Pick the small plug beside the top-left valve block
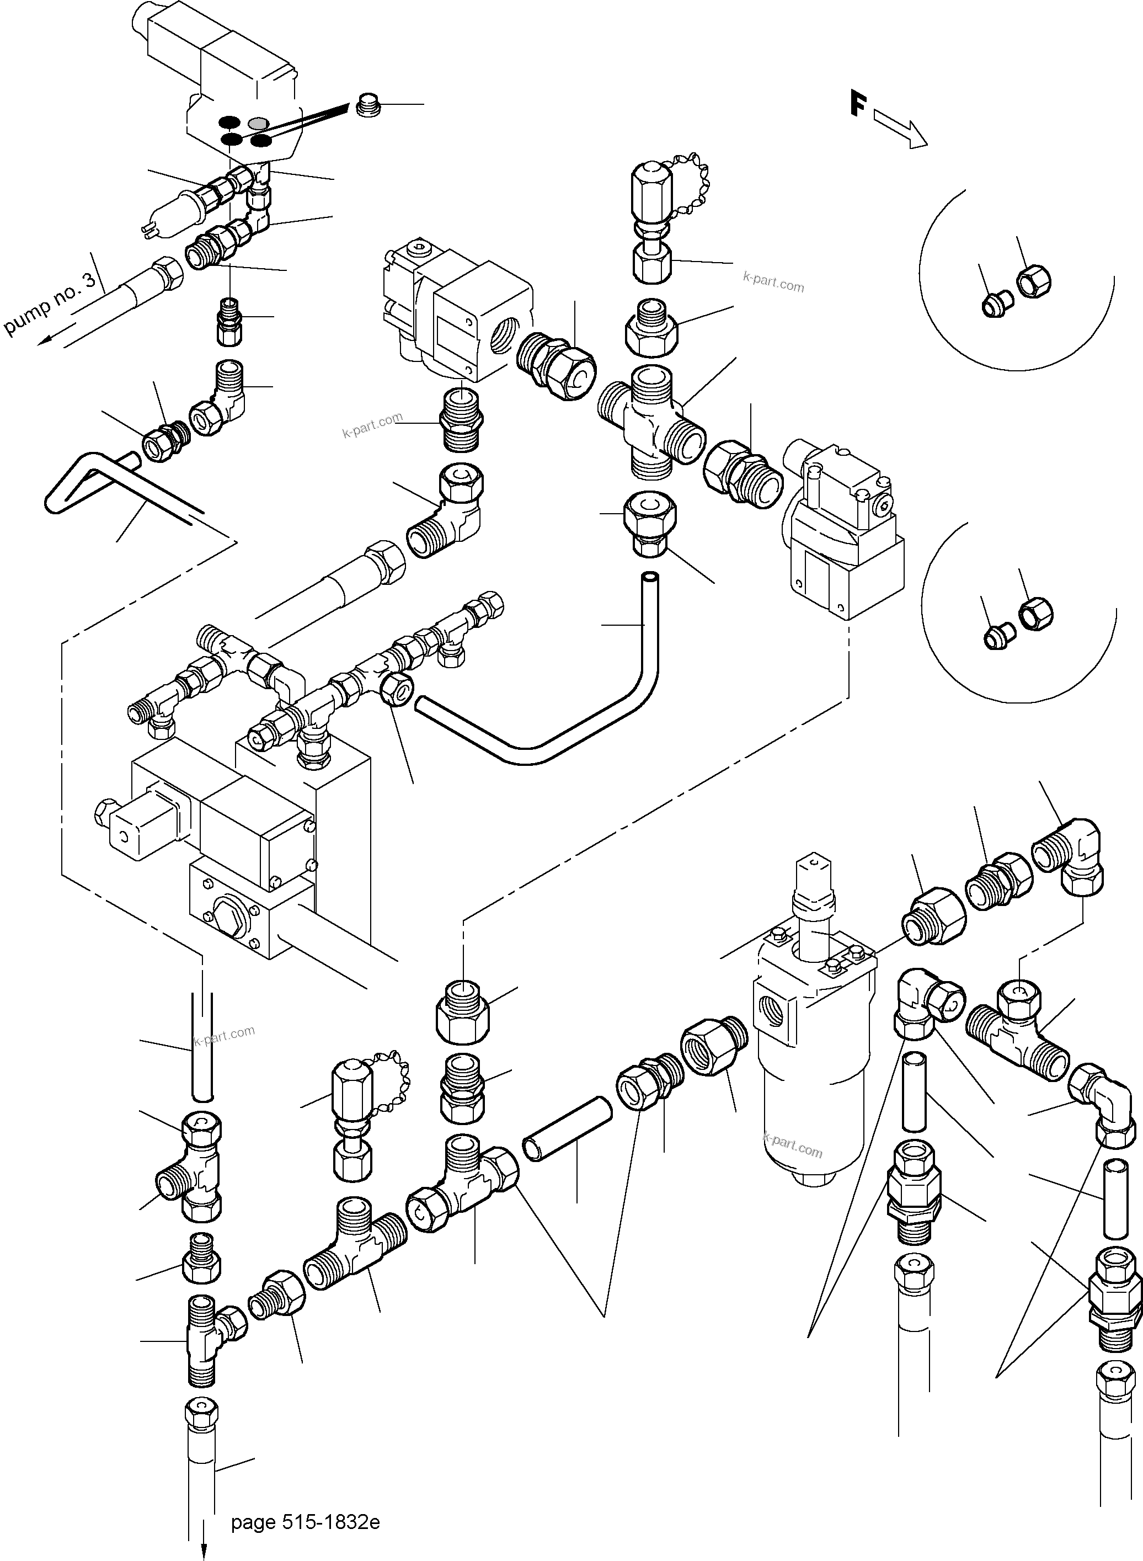coord(368,106)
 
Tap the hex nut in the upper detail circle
coord(1033,280)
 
